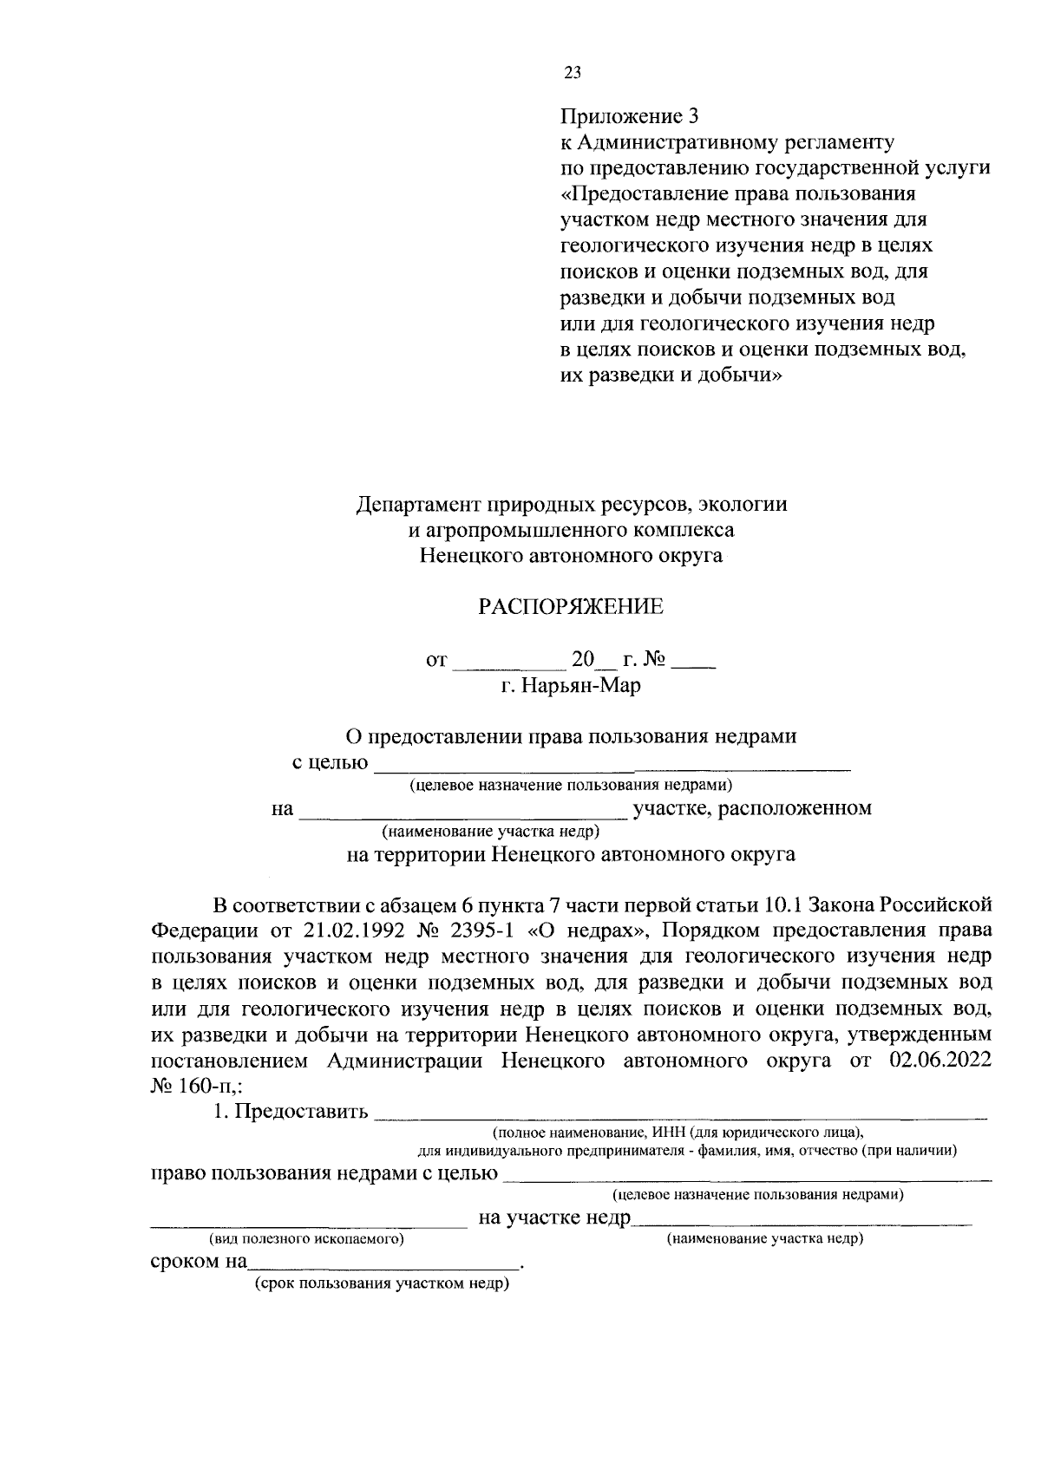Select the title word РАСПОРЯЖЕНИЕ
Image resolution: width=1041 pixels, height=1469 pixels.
click(x=571, y=607)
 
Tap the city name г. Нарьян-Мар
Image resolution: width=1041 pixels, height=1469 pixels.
click(x=570, y=686)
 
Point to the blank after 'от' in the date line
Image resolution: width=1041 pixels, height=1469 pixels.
click(x=508, y=663)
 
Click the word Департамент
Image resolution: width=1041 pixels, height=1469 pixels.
click(x=414, y=504)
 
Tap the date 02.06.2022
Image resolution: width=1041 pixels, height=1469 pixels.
click(x=940, y=1061)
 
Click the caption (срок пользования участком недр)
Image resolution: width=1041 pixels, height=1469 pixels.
click(x=380, y=1284)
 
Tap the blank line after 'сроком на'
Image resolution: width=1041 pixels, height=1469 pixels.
click(x=382, y=1264)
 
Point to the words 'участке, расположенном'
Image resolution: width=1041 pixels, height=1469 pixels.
click(x=752, y=809)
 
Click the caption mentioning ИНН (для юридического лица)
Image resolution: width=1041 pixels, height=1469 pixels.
click(x=678, y=1133)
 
